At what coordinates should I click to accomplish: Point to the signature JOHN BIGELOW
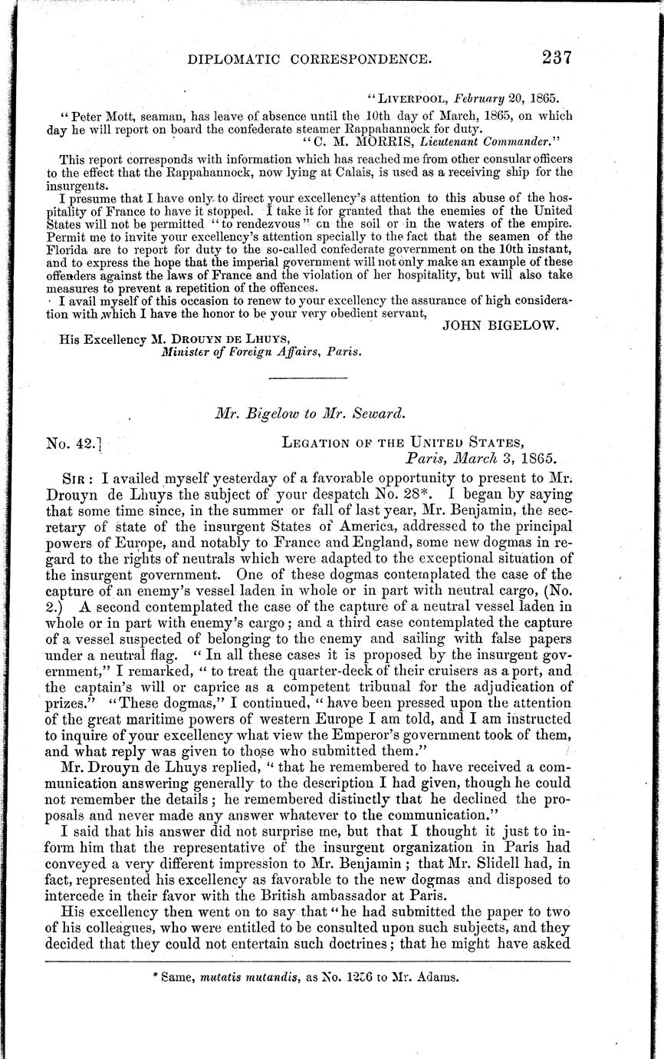501,325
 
